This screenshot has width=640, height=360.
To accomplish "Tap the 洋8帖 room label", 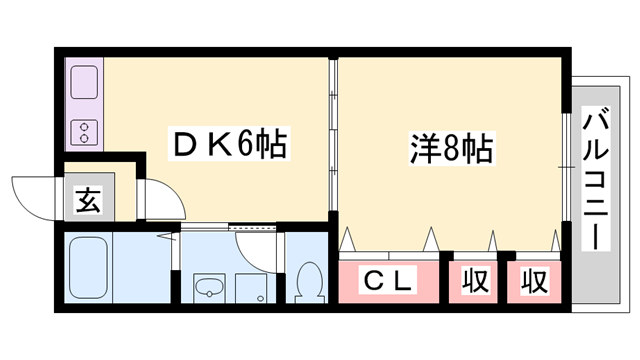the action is [451, 149].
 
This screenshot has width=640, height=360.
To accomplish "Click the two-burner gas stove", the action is [84, 129].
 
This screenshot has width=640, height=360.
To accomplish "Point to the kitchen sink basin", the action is [84, 83].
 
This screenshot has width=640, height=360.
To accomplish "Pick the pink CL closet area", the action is [389, 281].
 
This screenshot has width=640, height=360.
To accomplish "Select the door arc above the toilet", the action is [255, 234].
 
